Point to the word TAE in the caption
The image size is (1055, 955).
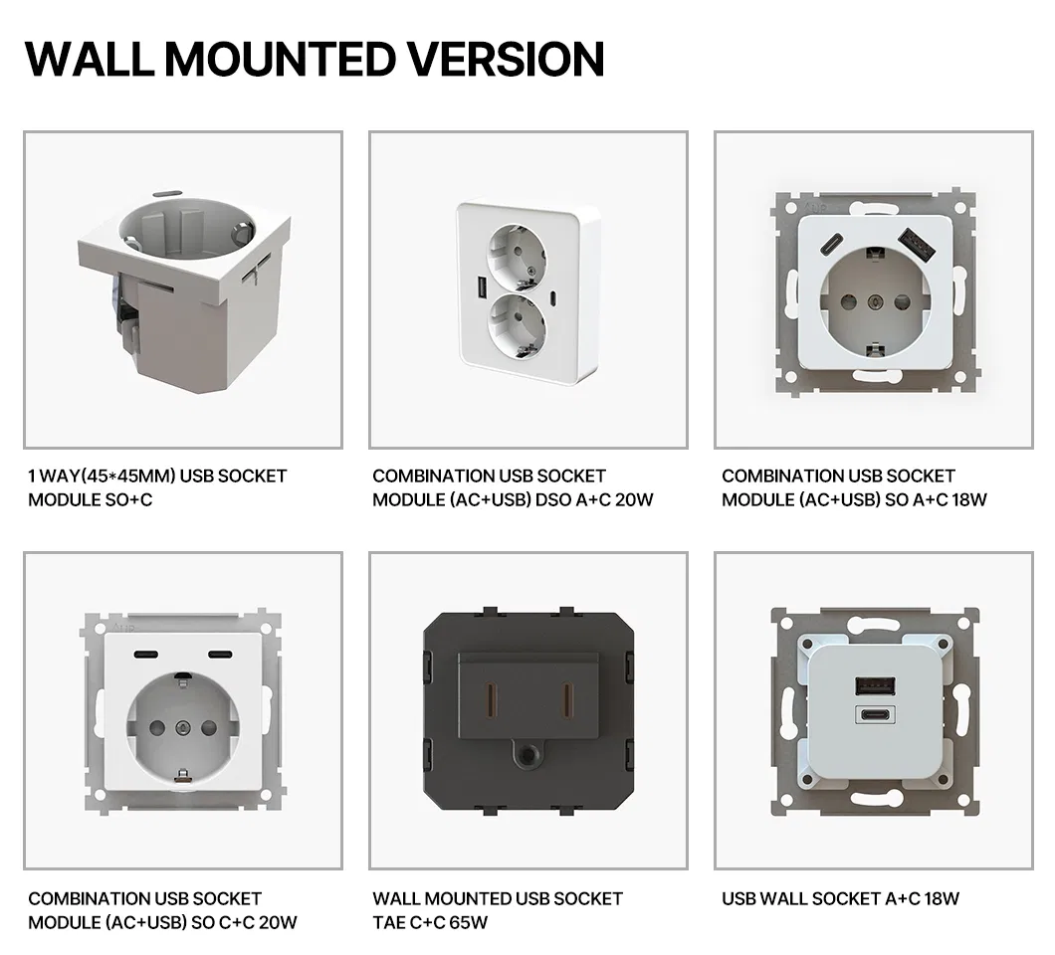click(x=389, y=922)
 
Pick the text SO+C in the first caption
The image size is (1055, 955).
click(x=129, y=499)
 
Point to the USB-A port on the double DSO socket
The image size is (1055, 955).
click(x=482, y=288)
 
